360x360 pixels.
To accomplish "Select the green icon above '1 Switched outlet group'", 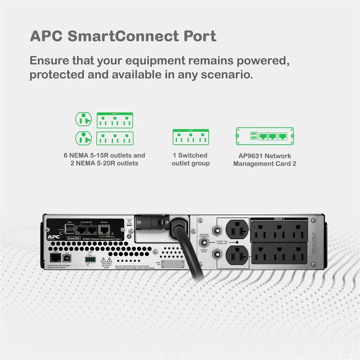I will click(190, 138).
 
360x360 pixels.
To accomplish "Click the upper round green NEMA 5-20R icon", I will click(84, 119).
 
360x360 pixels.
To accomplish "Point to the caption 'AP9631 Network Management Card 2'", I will click(265, 159).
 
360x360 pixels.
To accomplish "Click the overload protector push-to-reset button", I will click(204, 242).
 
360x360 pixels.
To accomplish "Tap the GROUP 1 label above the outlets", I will click(279, 219).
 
